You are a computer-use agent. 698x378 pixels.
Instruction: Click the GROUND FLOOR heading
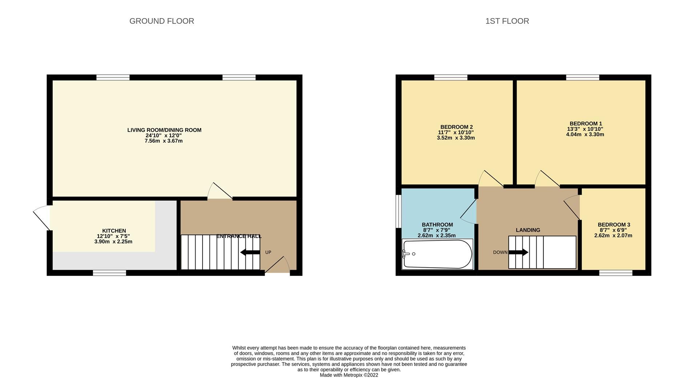point(161,21)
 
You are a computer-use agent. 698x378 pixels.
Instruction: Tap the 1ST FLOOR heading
point(507,21)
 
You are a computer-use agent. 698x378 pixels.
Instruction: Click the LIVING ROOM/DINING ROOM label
point(164,130)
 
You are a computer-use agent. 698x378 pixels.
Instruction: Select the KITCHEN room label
point(114,231)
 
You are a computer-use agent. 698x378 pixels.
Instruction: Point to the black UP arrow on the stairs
point(250,252)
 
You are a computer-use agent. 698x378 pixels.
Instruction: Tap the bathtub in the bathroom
point(437,254)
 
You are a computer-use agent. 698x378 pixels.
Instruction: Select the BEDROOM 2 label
point(456,127)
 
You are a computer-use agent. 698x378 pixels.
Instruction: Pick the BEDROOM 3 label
point(614,225)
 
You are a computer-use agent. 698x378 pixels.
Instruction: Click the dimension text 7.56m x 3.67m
point(164,141)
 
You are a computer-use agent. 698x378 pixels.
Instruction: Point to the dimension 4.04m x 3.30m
point(585,134)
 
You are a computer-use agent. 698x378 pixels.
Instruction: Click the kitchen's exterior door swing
point(42,217)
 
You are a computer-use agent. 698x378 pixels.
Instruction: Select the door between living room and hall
point(220,191)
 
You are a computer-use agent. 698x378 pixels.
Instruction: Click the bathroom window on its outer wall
point(398,211)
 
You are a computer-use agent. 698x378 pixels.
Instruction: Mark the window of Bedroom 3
point(615,273)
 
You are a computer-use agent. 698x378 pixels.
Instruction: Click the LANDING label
point(528,230)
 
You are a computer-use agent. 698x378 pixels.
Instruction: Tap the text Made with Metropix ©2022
point(349,375)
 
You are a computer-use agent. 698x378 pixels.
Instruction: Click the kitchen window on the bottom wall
point(109,273)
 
